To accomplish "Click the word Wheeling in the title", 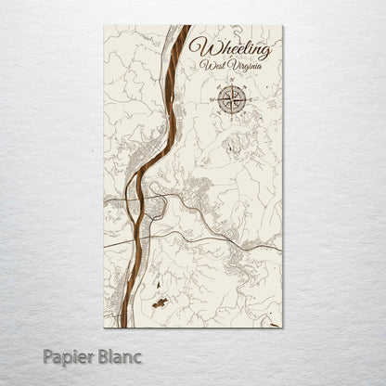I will click(230, 49).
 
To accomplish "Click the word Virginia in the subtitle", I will click(245, 67).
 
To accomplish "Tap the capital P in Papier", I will click(48, 355).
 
